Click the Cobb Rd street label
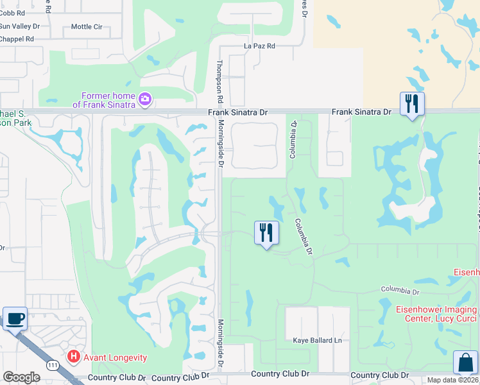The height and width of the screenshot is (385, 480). (13, 12)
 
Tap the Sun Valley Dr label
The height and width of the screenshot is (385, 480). (19, 26)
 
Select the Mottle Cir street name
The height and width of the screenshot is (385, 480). (87, 26)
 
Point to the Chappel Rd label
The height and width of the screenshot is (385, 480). (17, 38)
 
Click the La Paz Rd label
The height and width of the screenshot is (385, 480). (259, 46)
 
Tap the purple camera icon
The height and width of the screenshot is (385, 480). (145, 98)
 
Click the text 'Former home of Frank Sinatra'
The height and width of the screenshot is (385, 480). (105, 100)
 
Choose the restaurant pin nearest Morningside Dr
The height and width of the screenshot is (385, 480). (266, 232)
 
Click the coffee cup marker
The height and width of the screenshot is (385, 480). (15, 318)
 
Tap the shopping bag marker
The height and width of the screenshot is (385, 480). (465, 363)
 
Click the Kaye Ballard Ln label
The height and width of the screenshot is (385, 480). (314, 340)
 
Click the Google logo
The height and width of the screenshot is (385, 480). (21, 377)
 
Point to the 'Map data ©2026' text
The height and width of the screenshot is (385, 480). (453, 380)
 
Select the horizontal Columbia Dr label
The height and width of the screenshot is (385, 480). (400, 291)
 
